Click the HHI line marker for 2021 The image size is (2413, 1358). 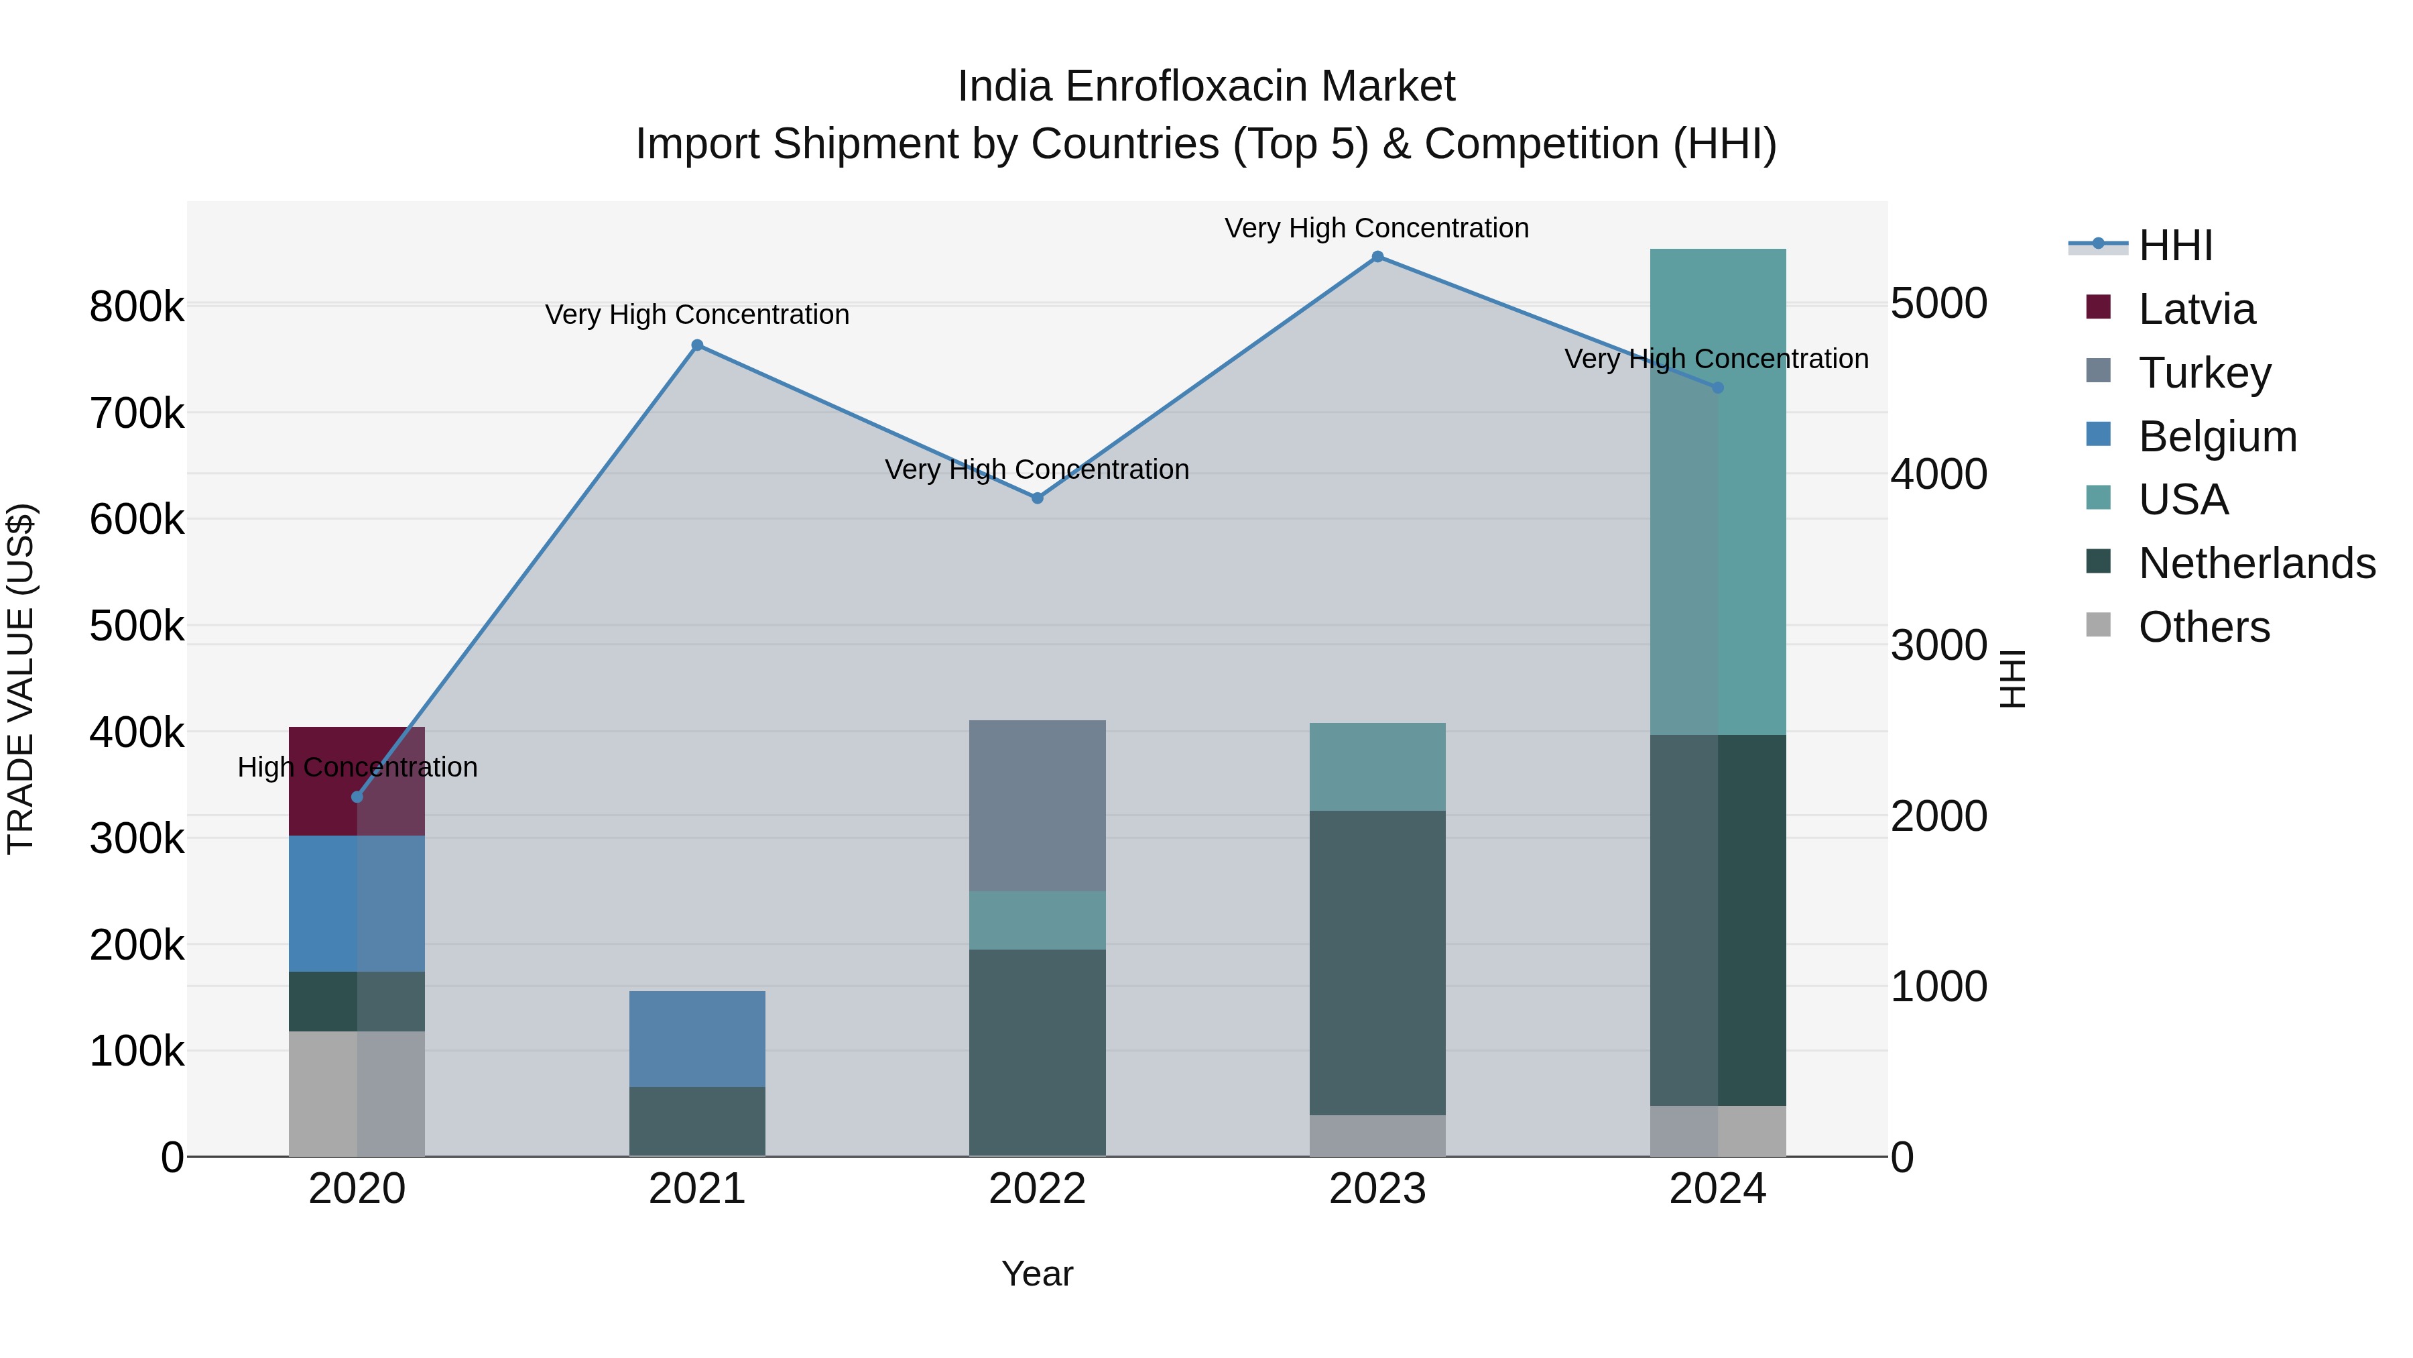tap(697, 345)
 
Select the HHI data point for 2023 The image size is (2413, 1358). tap(1377, 257)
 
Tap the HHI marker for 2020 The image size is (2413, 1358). tap(357, 797)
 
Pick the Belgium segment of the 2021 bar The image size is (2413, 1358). tap(697, 1038)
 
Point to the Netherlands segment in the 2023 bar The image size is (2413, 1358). tap(1377, 962)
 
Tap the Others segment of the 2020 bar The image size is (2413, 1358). tap(356, 1093)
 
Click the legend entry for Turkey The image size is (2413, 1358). tap(2204, 373)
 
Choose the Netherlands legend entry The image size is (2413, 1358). tap(2255, 563)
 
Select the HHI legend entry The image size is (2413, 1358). tap(2175, 245)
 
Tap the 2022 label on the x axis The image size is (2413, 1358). tap(1037, 1189)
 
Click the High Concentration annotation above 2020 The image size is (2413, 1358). tap(357, 767)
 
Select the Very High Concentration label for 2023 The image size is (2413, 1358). tap(1376, 228)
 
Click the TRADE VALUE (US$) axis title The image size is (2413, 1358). tap(21, 679)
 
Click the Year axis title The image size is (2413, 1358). tap(1037, 1274)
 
